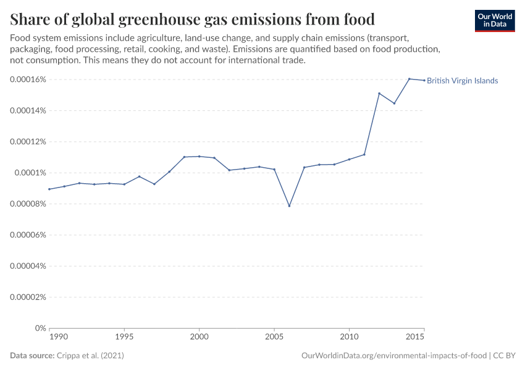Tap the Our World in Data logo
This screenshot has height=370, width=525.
(x=494, y=21)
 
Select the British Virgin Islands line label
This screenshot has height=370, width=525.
(x=462, y=81)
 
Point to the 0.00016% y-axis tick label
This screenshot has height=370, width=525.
(x=29, y=80)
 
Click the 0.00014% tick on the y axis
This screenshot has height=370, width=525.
(x=29, y=110)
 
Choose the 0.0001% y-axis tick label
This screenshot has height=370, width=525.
(x=31, y=173)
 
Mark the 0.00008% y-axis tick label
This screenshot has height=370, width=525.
(x=29, y=203)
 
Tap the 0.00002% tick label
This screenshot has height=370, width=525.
(x=29, y=297)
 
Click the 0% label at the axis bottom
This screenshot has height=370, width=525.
(x=41, y=328)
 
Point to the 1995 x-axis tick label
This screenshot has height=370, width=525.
(x=124, y=337)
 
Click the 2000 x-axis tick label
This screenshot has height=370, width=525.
(x=199, y=337)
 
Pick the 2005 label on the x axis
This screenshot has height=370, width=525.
(x=274, y=337)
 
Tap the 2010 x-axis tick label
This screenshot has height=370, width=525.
(x=349, y=337)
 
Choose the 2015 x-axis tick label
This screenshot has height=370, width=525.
(x=416, y=337)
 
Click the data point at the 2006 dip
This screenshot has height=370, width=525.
(x=289, y=206)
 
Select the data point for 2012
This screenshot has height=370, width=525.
(x=379, y=93)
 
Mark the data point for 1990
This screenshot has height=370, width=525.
(x=49, y=189)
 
